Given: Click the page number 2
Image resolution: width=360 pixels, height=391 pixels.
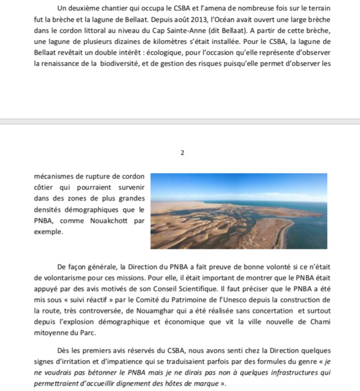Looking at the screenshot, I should (182, 153).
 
